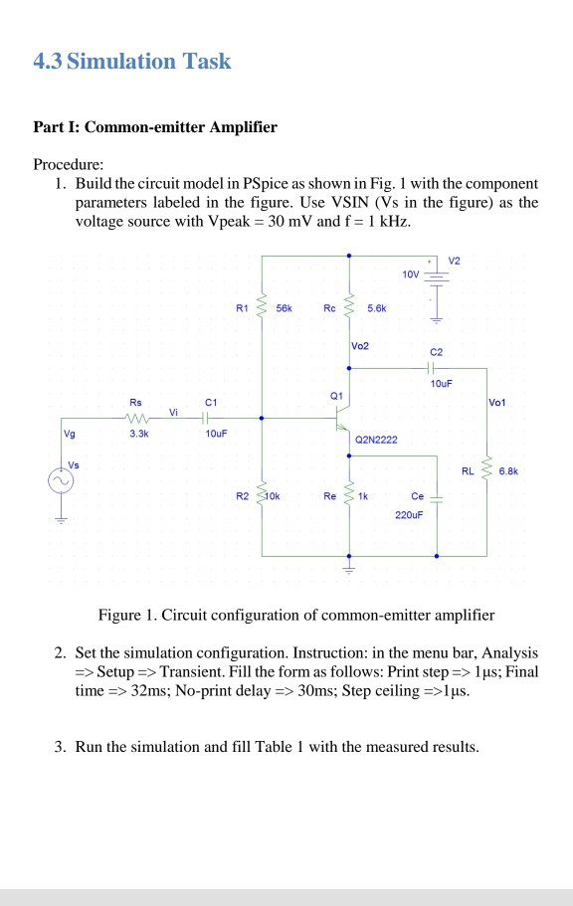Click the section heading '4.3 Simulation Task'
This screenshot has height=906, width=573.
pyautogui.click(x=132, y=62)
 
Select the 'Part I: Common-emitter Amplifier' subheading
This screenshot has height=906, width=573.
pyautogui.click(x=155, y=127)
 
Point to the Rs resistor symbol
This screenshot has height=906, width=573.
pyautogui.click(x=136, y=419)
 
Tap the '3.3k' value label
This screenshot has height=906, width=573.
pyautogui.click(x=136, y=435)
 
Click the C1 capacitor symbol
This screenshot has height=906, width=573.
pyautogui.click(x=210, y=419)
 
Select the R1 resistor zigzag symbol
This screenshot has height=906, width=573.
pyautogui.click(x=262, y=309)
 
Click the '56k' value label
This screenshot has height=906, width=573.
pyautogui.click(x=285, y=309)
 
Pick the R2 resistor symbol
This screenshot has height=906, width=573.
pyautogui.click(x=262, y=494)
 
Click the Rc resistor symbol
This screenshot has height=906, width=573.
pyautogui.click(x=349, y=309)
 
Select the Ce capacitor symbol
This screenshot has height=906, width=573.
pyautogui.click(x=438, y=494)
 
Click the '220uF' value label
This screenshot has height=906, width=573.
pyautogui.click(x=409, y=516)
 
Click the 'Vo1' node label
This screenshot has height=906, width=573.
pyautogui.click(x=499, y=403)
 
